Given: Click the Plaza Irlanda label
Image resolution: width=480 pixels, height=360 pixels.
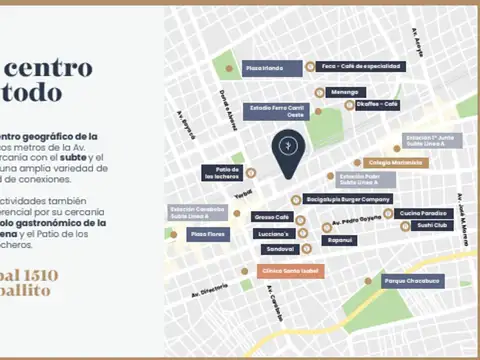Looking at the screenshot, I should tap(264, 68).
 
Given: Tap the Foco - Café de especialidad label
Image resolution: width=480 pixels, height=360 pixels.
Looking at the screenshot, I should tap(361, 67).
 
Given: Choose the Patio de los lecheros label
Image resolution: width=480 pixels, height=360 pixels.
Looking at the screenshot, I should tap(221, 173).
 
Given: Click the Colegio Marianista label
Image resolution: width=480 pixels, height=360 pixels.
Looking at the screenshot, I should tap(395, 162).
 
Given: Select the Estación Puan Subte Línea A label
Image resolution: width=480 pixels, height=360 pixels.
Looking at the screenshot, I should tap(365, 179).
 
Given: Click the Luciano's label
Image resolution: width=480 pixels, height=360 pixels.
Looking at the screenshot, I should tap(272, 233).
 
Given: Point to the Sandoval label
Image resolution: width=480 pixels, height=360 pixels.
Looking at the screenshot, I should tap(280, 248).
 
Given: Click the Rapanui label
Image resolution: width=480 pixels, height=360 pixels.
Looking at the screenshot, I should tap(340, 240).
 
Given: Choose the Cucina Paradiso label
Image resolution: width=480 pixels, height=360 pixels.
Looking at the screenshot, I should tap(424, 213).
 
